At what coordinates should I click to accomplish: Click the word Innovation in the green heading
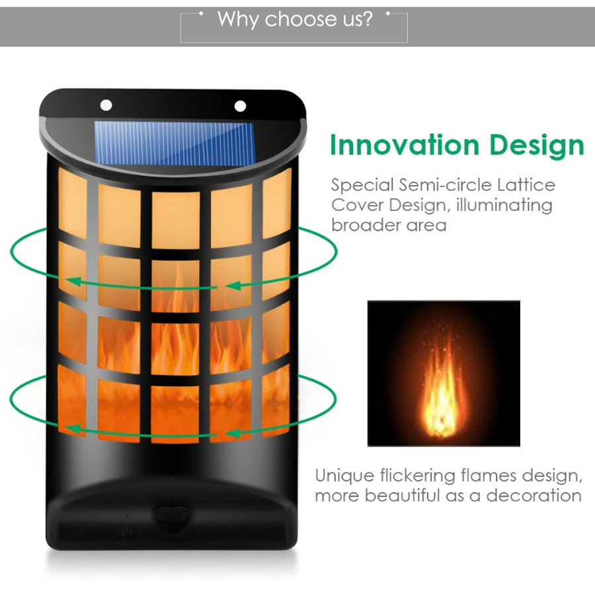[x=405, y=145]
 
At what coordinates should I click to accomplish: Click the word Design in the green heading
[x=537, y=145]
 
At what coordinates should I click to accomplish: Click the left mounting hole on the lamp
[x=106, y=104]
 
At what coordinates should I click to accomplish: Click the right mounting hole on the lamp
[x=240, y=106]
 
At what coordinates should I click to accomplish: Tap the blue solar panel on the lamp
[x=174, y=143]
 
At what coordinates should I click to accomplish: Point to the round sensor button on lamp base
[x=173, y=517]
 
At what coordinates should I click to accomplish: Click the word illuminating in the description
[x=504, y=206]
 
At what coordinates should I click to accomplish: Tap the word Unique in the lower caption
[x=344, y=476]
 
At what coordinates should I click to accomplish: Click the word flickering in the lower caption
[x=417, y=476]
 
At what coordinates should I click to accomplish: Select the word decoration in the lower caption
[x=534, y=496]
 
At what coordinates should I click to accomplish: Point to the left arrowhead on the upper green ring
[x=74, y=282]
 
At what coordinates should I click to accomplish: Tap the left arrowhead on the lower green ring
[x=73, y=429]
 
